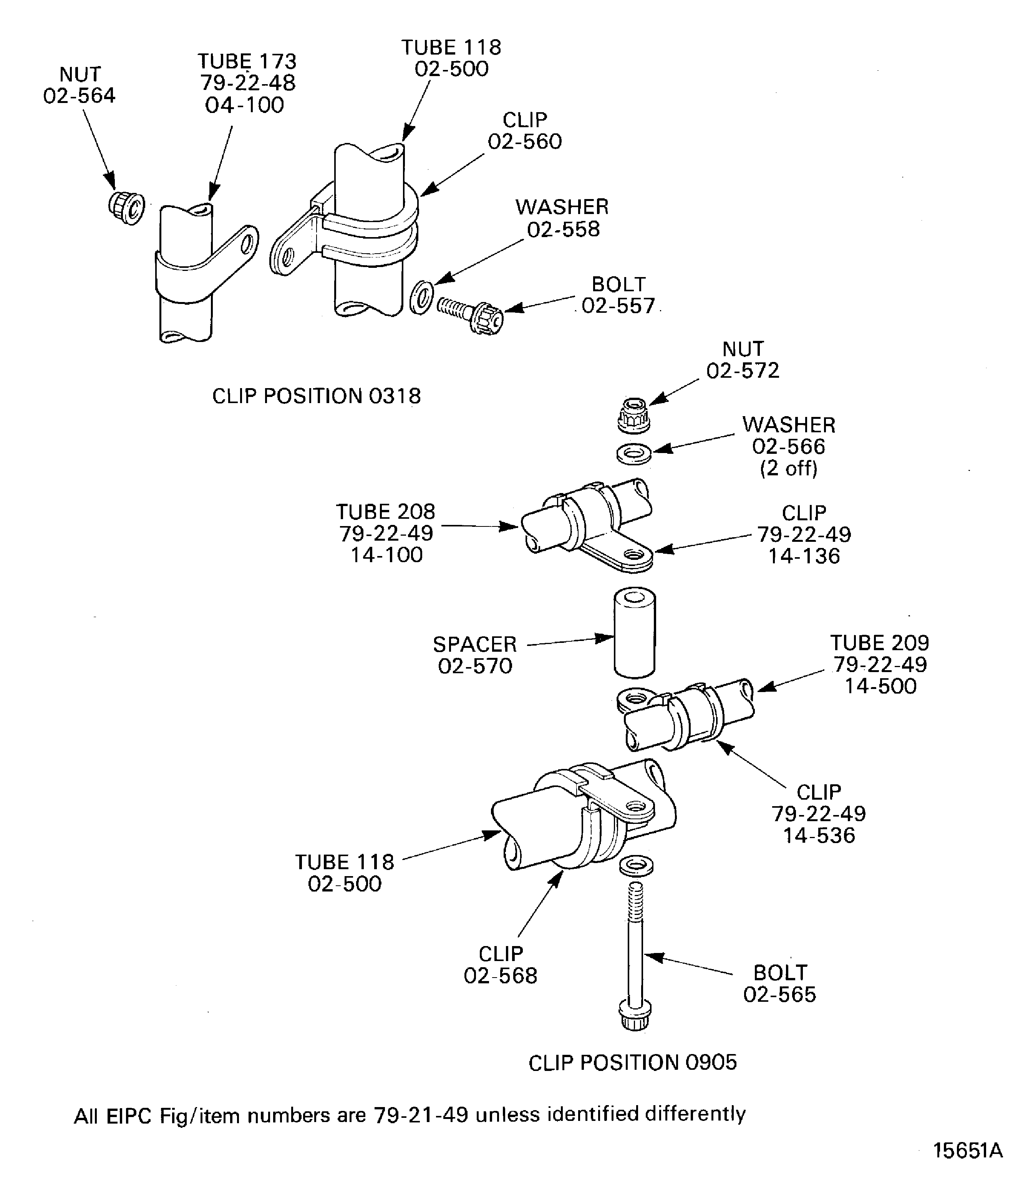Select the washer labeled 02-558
(421, 297)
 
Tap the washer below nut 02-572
(634, 455)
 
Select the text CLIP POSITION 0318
(316, 396)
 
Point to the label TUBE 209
(880, 643)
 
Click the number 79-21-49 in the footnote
(421, 1115)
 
